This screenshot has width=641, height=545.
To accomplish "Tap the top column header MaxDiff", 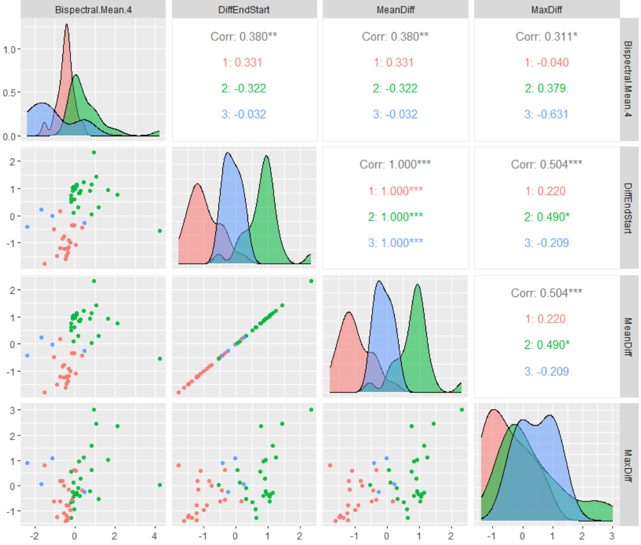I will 547,9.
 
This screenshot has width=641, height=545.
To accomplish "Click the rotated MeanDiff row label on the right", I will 629,336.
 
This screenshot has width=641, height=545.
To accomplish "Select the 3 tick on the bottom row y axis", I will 12,410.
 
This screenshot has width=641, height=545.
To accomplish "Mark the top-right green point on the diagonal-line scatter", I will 311,281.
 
